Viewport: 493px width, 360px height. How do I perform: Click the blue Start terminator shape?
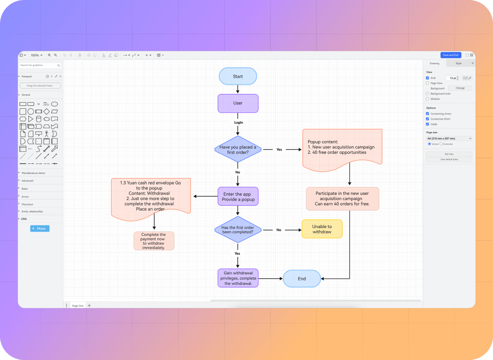238,76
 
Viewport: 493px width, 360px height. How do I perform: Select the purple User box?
238,103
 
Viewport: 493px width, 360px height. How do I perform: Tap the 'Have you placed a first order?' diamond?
238,149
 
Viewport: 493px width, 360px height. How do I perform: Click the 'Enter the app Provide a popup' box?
238,197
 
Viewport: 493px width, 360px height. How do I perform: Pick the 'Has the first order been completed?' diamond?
238,230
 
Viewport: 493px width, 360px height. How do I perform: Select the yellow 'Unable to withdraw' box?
322,229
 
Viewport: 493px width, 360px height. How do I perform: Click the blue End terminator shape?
302,279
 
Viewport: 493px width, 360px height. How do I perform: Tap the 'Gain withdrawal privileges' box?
238,278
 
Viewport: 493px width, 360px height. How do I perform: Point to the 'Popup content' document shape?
342,147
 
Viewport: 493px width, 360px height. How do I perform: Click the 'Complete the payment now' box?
153,241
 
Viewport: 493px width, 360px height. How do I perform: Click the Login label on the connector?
238,122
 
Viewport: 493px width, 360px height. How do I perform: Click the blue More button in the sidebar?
40,228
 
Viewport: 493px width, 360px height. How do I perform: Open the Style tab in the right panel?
458,63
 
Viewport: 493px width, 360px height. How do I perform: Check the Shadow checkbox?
427,99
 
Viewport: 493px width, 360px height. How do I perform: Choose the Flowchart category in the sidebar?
28,204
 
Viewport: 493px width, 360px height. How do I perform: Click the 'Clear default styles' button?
449,159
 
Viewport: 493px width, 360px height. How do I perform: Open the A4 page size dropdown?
449,138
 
